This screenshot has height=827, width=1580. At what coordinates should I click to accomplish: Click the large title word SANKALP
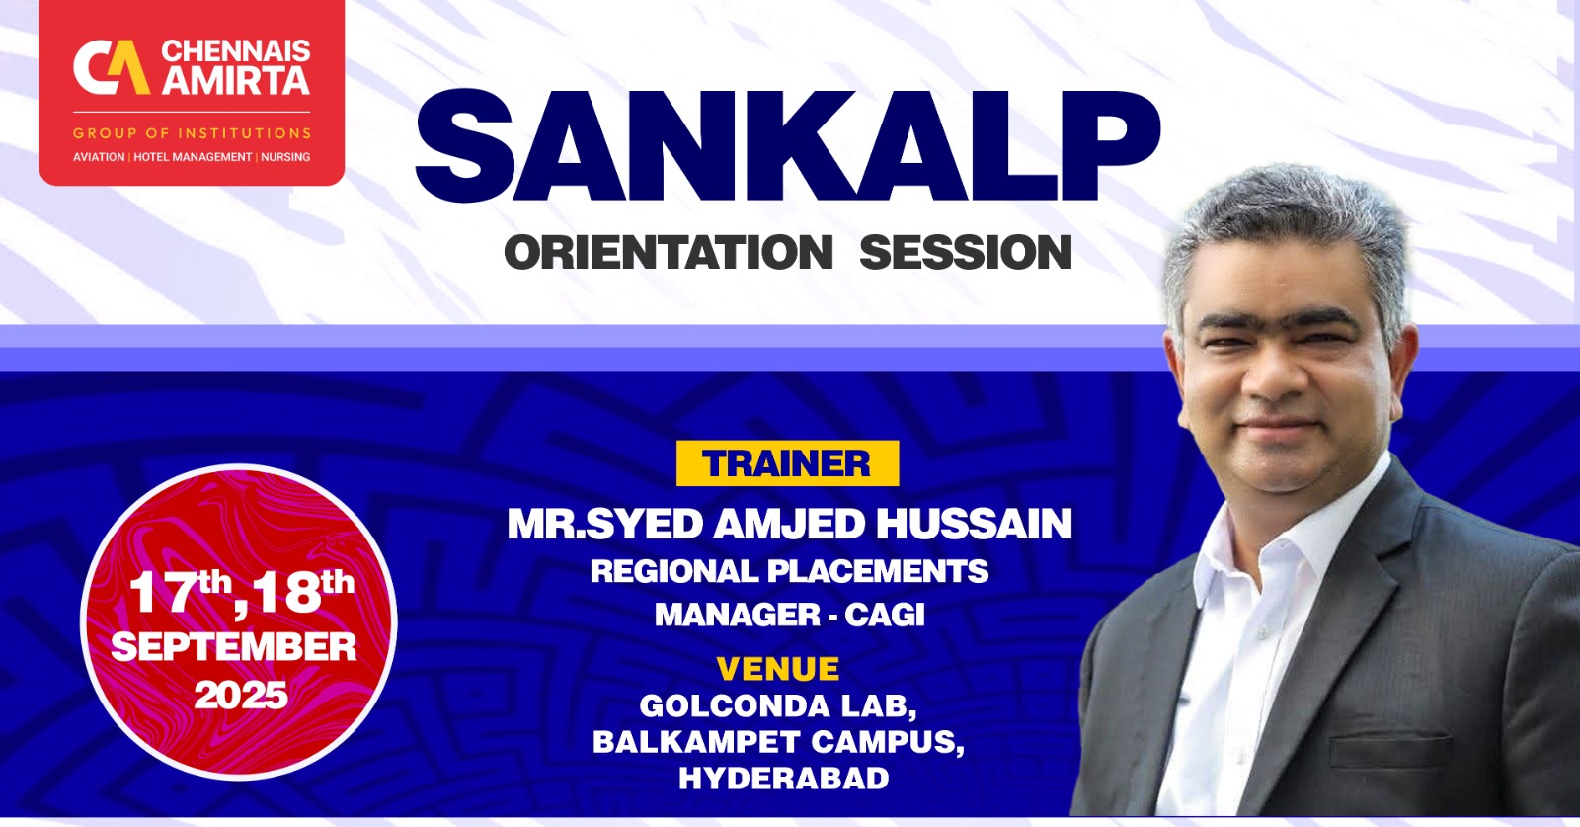[x=787, y=147]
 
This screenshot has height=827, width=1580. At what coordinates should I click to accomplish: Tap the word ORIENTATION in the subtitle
[x=669, y=253]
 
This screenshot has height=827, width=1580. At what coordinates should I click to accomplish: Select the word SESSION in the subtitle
[x=965, y=253]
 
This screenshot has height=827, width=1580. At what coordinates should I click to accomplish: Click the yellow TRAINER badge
[x=787, y=463]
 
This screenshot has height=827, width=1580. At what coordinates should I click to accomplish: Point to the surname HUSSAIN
[x=974, y=524]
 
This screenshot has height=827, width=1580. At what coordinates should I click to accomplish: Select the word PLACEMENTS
[x=877, y=571]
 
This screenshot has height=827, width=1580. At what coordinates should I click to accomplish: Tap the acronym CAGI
[x=885, y=615]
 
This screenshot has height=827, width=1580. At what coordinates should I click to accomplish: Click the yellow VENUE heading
[x=778, y=669]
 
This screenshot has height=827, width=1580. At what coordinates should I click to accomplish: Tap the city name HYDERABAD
[x=783, y=778]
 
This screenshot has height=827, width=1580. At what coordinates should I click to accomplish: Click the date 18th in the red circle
[x=300, y=591]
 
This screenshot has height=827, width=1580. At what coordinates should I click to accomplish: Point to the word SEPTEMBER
[x=234, y=647]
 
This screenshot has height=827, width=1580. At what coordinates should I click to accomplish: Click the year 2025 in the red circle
[x=240, y=696]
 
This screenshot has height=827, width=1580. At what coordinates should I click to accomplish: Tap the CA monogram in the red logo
[x=111, y=68]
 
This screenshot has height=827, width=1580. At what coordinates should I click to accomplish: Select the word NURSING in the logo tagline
[x=285, y=157]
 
